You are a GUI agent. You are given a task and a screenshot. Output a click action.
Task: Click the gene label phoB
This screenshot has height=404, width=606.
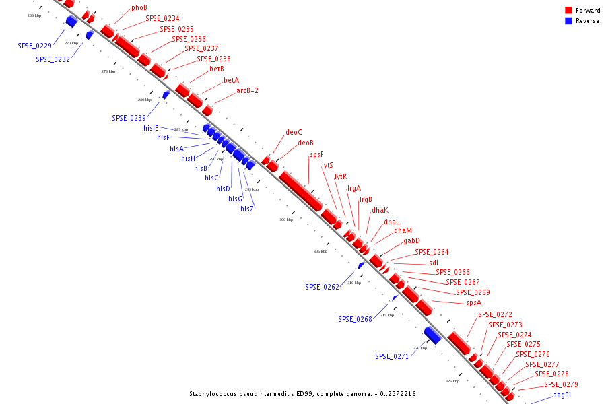(139, 8)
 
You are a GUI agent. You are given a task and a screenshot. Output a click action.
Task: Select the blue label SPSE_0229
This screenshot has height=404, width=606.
(34, 46)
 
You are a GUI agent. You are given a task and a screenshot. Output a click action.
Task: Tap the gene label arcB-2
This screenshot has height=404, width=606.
(247, 91)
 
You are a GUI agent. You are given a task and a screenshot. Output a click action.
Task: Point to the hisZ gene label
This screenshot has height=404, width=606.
(247, 209)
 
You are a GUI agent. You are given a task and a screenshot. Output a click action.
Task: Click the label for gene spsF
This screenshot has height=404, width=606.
(316, 155)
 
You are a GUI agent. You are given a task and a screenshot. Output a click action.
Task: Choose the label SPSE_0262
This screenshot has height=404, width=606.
(322, 287)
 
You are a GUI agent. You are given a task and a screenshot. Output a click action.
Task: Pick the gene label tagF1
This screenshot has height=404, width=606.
(562, 395)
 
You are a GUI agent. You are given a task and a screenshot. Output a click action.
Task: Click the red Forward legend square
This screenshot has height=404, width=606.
(569, 11)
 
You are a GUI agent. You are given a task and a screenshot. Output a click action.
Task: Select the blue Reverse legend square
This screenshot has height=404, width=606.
(569, 21)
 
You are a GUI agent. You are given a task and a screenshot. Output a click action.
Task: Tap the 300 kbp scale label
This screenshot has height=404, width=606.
(286, 220)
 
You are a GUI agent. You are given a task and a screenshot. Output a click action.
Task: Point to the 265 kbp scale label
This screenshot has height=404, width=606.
(34, 15)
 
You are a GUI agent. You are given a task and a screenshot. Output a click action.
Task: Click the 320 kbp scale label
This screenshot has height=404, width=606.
(420, 348)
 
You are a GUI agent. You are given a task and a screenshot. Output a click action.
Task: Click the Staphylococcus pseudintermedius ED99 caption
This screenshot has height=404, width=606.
(302, 393)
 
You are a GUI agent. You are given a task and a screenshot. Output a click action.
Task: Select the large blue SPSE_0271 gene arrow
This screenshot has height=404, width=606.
(432, 335)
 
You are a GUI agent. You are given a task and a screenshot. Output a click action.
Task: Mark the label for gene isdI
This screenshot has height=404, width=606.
(432, 263)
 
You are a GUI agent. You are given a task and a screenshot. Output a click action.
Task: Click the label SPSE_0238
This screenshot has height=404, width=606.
(213, 59)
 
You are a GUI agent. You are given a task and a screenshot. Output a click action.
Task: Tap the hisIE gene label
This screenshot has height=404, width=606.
(151, 128)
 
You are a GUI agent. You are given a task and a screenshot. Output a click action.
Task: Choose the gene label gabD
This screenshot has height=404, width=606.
(411, 241)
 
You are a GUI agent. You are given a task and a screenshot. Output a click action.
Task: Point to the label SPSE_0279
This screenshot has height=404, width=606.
(561, 384)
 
